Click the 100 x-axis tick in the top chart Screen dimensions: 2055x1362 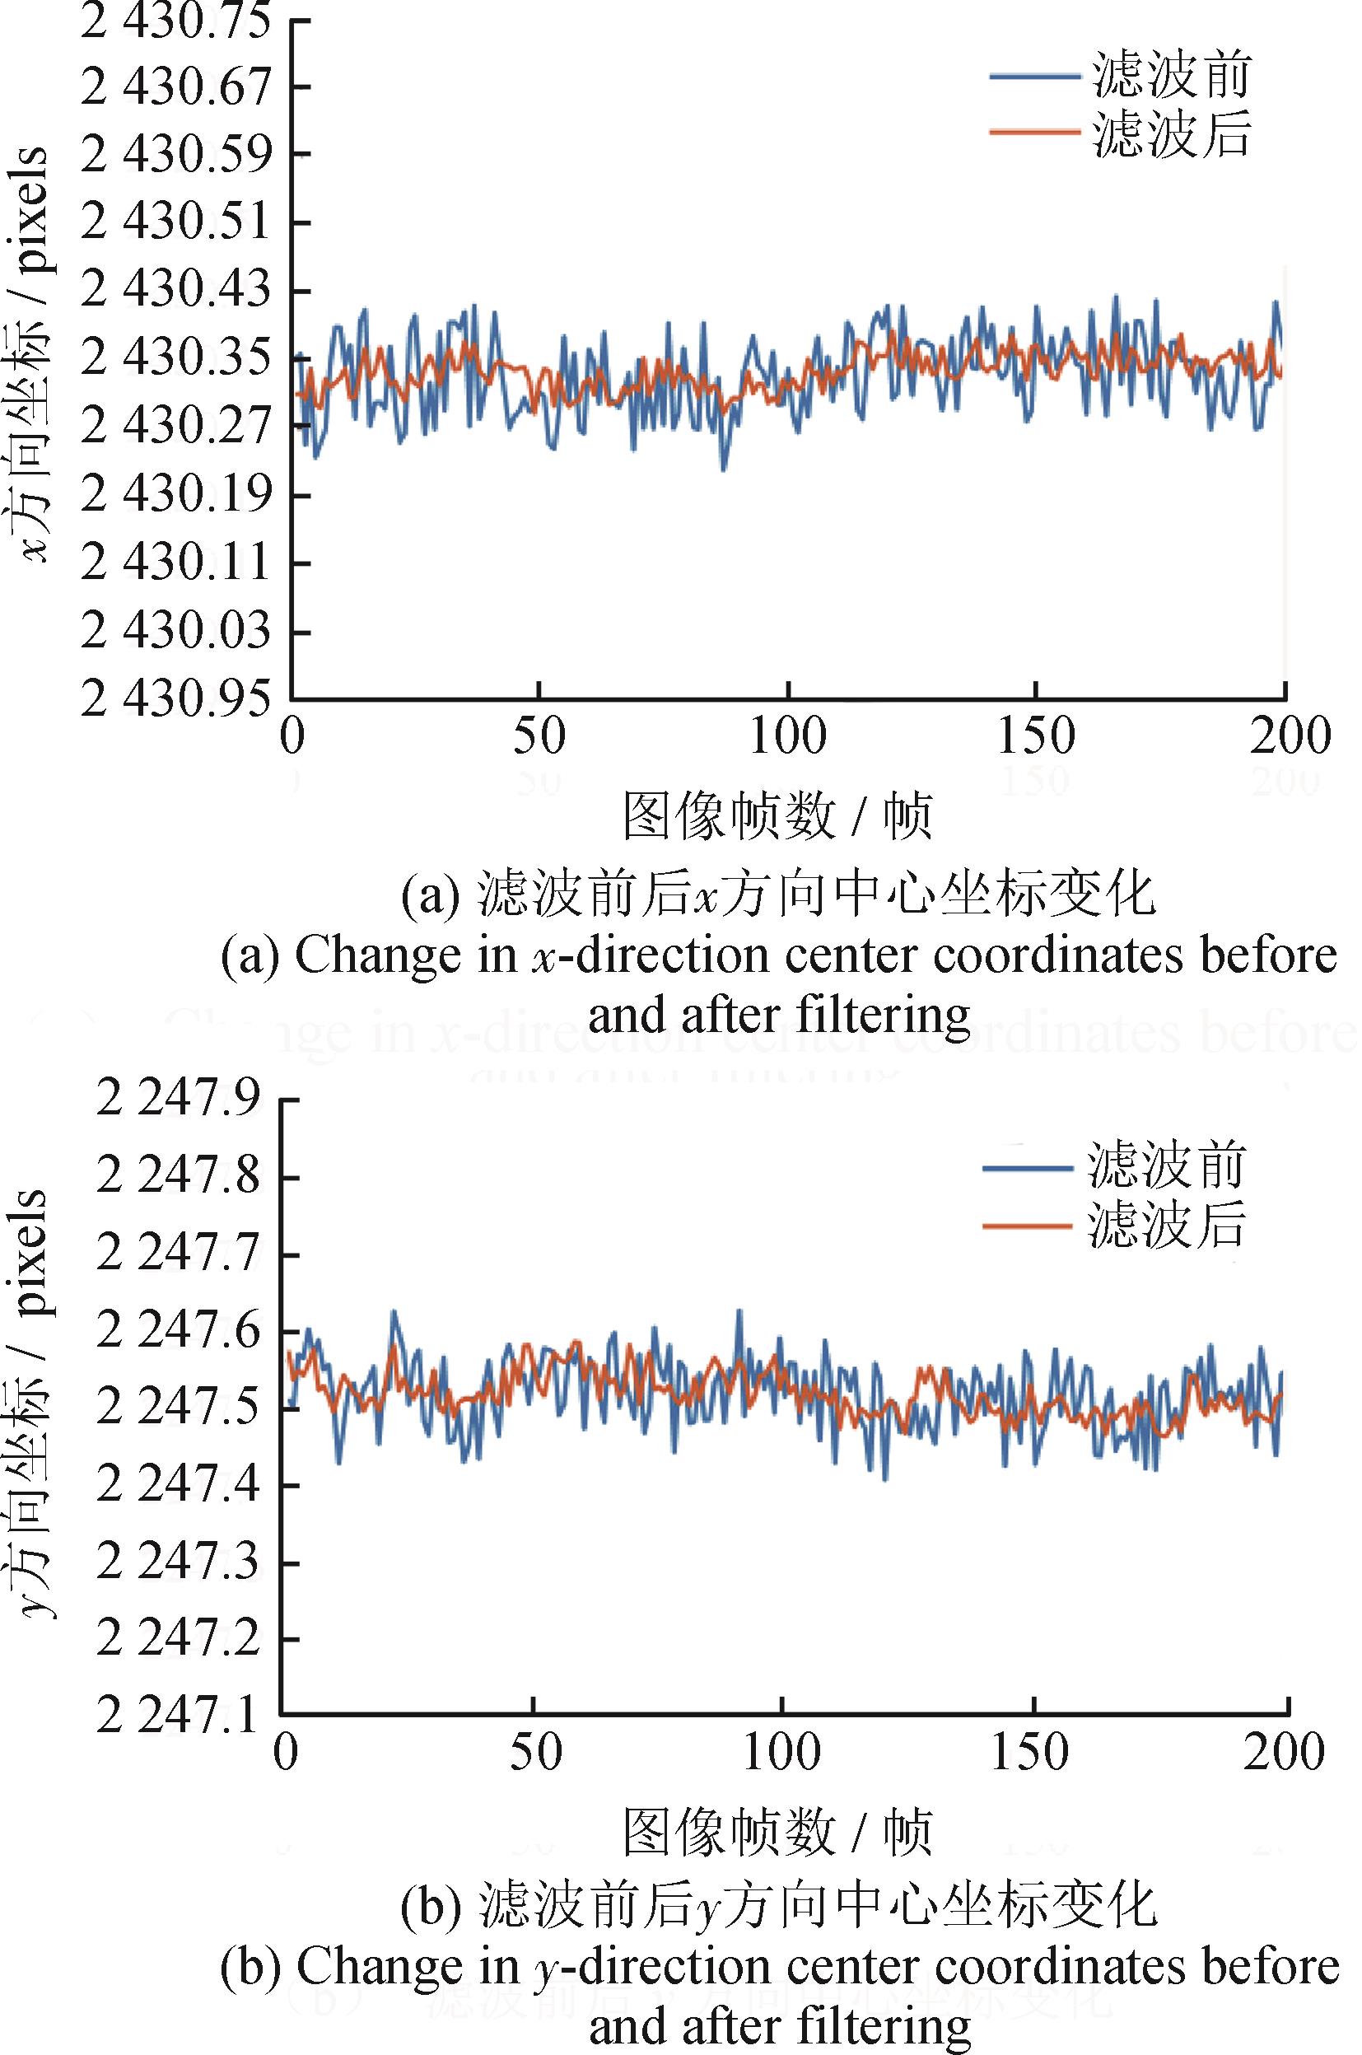coord(787,736)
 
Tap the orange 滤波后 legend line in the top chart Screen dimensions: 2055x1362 coord(1033,132)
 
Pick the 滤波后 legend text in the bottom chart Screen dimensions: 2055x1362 coord(1166,1224)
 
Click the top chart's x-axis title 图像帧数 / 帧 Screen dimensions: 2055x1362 coord(777,816)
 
